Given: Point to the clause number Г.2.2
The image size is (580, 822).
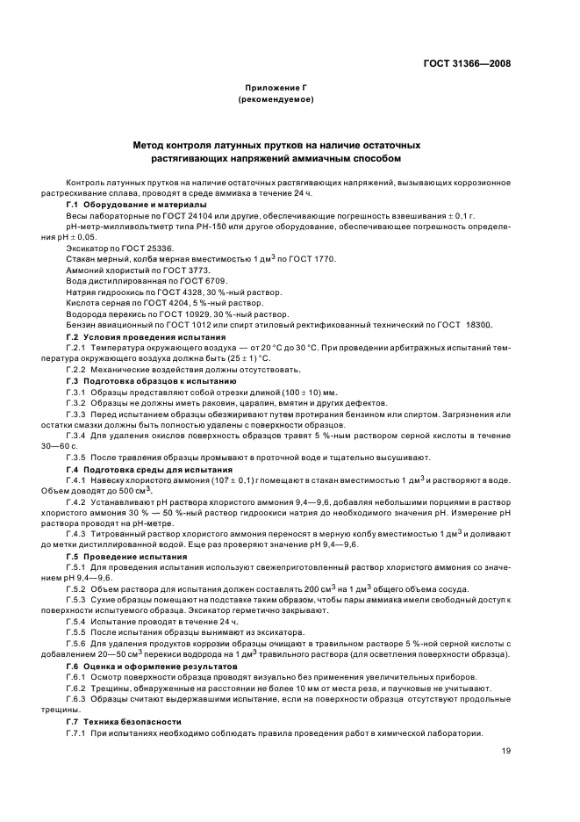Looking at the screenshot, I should pos(78,370).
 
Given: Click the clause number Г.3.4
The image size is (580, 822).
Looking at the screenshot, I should pos(78,436).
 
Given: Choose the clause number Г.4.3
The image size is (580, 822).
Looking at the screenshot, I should pos(78,534).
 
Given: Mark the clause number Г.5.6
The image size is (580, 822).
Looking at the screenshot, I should pos(78,644).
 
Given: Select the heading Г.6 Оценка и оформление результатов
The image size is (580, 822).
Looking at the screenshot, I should pos(151,667).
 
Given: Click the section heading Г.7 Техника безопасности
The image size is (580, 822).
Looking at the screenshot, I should pos(125,721).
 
